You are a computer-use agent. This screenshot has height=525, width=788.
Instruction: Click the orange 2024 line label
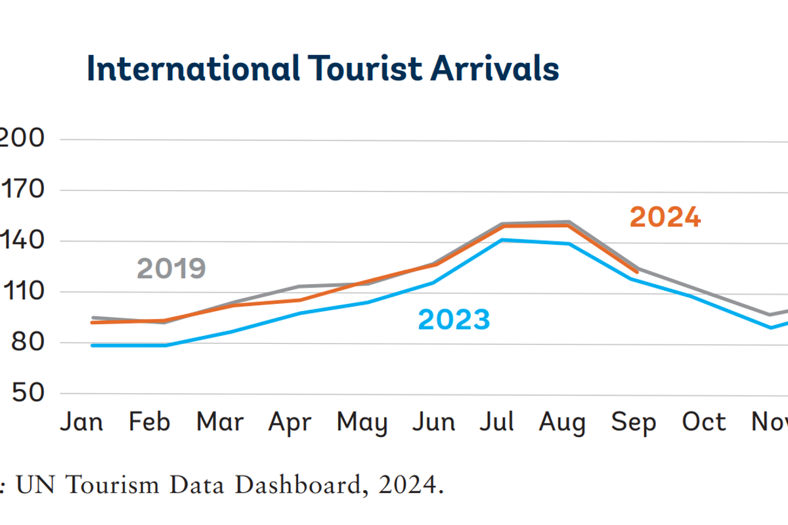665,218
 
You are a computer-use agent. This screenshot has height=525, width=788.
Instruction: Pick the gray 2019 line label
171,268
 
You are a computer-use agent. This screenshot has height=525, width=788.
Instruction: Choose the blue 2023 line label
454,320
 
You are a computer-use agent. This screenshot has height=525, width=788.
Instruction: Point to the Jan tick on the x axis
81,422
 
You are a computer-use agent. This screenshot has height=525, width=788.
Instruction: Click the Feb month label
149,422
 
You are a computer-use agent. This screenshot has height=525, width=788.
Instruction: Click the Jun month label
433,422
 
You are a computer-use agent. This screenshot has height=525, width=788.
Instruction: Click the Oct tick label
704,422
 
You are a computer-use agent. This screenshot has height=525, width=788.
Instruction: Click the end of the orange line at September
636,272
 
